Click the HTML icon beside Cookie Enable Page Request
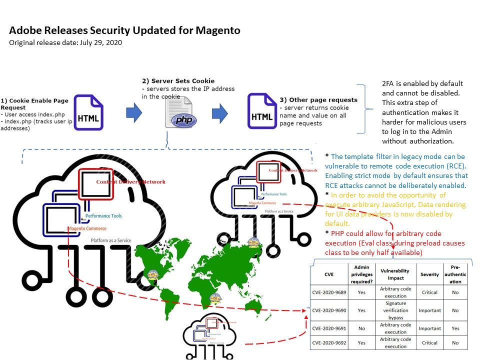(x=88, y=113)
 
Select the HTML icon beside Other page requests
(x=262, y=111)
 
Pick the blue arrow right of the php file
(x=220, y=113)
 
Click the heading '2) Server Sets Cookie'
(x=178, y=81)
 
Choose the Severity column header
(x=429, y=274)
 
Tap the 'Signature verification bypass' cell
(x=395, y=310)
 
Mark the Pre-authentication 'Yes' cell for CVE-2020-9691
(x=455, y=328)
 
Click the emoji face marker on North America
(x=152, y=274)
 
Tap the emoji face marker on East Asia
(x=255, y=243)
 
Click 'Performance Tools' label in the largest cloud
(x=103, y=216)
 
